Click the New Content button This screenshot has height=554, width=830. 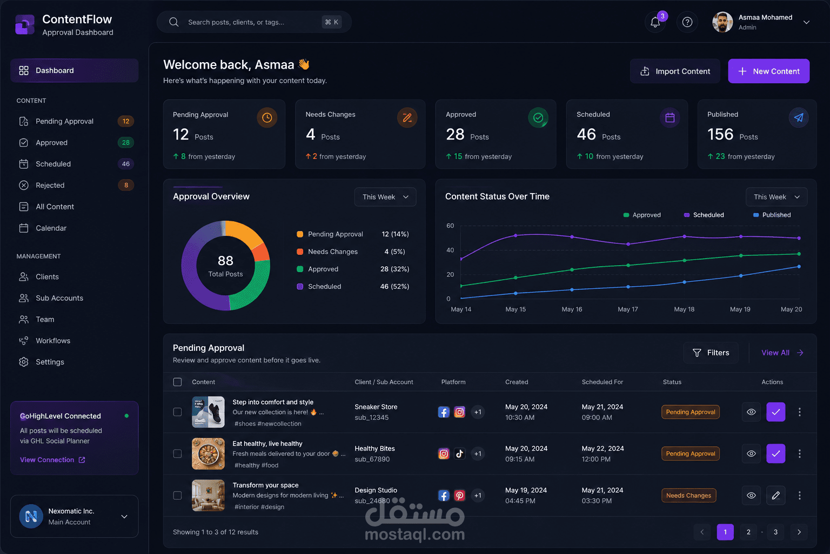tap(768, 71)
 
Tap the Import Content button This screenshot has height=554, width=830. tap(675, 71)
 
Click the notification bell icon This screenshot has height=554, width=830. tap(655, 22)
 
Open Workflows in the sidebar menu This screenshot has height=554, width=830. tap(52, 341)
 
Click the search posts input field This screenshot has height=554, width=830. tap(254, 22)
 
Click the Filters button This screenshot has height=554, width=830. tap(711, 353)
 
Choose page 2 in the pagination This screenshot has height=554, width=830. tap(748, 532)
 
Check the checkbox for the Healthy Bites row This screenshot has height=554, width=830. tap(177, 454)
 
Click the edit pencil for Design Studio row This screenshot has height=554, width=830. tap(775, 496)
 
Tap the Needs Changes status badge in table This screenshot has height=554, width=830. tap(688, 496)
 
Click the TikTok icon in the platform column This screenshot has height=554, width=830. tap(459, 454)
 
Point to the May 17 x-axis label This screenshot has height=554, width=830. tap(628, 309)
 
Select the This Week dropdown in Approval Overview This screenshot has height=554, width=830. tap(385, 197)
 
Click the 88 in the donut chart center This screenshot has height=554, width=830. tap(225, 260)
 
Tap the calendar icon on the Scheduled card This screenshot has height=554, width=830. tap(670, 118)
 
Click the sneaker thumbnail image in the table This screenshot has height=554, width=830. tap(208, 412)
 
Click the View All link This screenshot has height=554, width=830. tap(782, 353)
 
